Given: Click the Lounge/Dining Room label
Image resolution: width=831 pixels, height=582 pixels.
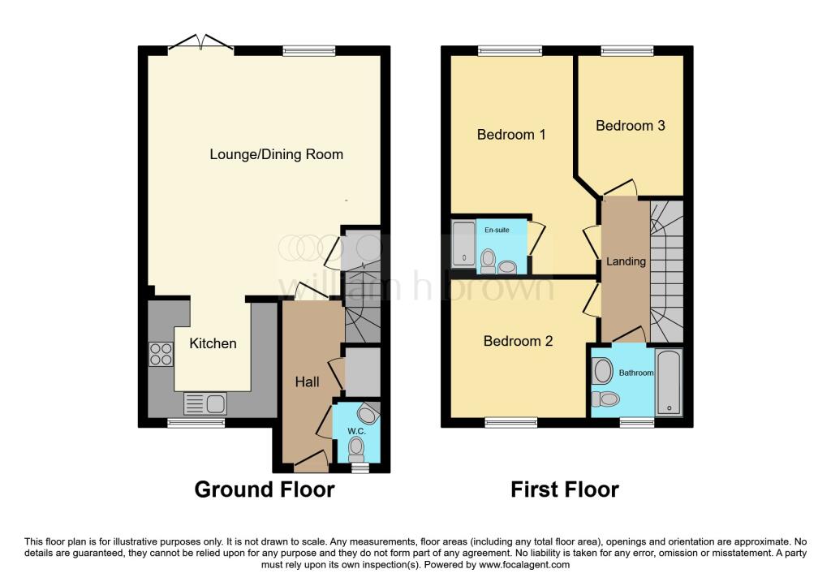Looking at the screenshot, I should (x=276, y=154).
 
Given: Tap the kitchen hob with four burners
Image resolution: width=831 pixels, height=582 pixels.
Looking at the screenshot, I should (x=161, y=355).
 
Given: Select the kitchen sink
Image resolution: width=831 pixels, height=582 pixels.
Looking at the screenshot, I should (x=205, y=403).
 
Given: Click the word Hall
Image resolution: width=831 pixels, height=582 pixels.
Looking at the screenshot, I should (x=307, y=382).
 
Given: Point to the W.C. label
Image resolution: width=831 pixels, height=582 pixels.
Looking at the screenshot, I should (x=357, y=431).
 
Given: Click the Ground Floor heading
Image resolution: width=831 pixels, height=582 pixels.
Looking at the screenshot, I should (x=265, y=490).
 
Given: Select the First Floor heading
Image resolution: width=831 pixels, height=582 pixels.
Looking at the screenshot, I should (x=565, y=490).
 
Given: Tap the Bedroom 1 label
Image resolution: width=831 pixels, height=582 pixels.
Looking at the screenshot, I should (x=510, y=134).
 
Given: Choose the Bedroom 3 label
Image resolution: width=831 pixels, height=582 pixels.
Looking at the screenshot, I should (x=630, y=126).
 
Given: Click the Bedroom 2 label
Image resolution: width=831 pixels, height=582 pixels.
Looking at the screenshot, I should (x=518, y=341).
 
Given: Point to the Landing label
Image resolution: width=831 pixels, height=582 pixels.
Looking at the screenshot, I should (x=626, y=261).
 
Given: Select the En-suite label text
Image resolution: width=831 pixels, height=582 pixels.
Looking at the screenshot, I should (x=497, y=231).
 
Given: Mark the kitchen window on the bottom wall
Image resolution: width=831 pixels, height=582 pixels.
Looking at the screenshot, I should (x=196, y=423).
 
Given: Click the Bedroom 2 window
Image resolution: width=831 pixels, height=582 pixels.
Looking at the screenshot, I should (x=511, y=423).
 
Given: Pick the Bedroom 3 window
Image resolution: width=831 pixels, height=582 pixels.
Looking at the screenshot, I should (x=627, y=51).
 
